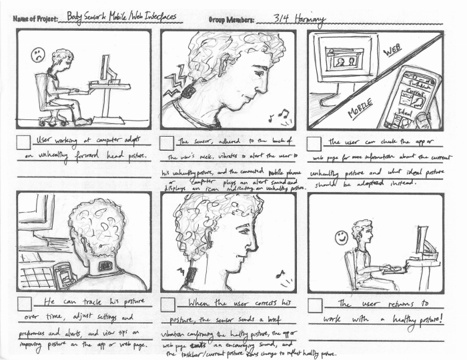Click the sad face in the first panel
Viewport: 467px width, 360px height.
click(x=38, y=55)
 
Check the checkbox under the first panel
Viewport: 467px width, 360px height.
click(x=23, y=142)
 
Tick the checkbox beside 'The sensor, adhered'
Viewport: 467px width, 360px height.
click(x=168, y=142)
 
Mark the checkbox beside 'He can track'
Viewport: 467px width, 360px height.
click(x=23, y=305)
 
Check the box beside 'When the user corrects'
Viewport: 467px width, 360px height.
click(x=168, y=305)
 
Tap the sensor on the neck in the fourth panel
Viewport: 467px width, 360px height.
click(x=105, y=266)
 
